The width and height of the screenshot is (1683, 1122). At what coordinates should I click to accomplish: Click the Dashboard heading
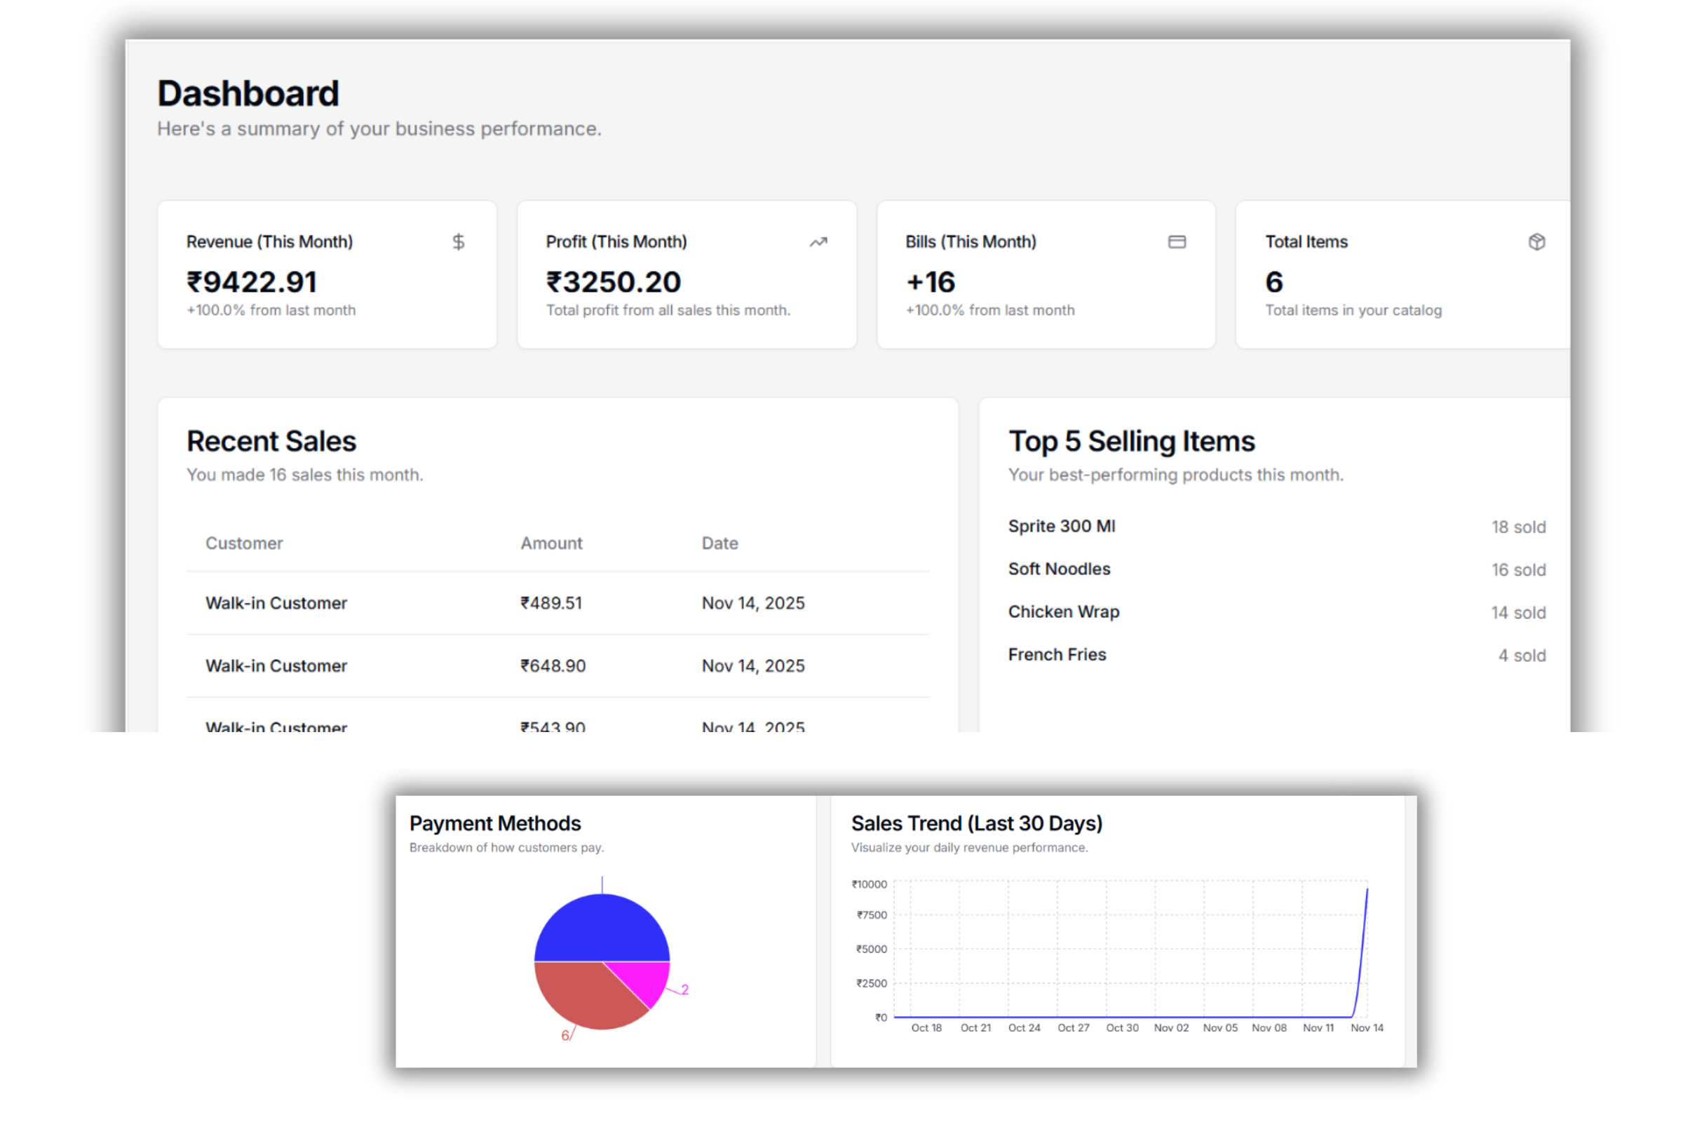click(248, 94)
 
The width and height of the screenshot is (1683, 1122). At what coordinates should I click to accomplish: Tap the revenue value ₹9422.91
click(252, 282)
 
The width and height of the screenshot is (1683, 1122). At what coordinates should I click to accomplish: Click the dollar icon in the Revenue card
click(459, 242)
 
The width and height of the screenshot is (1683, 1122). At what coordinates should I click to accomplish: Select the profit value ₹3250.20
click(613, 282)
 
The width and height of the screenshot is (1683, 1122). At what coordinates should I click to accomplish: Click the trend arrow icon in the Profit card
click(818, 242)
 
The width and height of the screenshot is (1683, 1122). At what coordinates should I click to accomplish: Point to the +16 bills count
click(931, 282)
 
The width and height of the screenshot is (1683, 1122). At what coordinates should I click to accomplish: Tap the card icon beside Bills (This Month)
click(1177, 242)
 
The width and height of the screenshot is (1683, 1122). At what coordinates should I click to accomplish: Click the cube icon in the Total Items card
click(1536, 242)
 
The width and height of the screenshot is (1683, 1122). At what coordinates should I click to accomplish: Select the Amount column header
click(551, 543)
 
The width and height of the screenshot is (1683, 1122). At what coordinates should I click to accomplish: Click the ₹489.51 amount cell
click(551, 603)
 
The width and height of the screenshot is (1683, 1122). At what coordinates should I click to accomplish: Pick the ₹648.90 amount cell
click(553, 666)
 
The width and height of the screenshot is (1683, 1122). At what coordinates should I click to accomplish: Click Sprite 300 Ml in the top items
click(1061, 526)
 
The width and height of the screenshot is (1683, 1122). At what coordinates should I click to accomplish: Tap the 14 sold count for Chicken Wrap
click(1518, 612)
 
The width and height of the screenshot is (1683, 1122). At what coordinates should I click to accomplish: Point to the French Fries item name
click(1057, 655)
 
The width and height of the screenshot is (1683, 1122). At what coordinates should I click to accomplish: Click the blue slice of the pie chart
click(602, 928)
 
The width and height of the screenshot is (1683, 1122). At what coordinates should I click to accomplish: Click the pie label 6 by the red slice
click(565, 1036)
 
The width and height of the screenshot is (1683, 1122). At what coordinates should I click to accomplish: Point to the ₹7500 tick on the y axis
click(872, 915)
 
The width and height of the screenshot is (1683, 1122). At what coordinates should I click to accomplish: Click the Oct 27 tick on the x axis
click(1074, 1028)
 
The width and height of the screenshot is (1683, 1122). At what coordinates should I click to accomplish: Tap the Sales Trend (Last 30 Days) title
click(976, 823)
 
